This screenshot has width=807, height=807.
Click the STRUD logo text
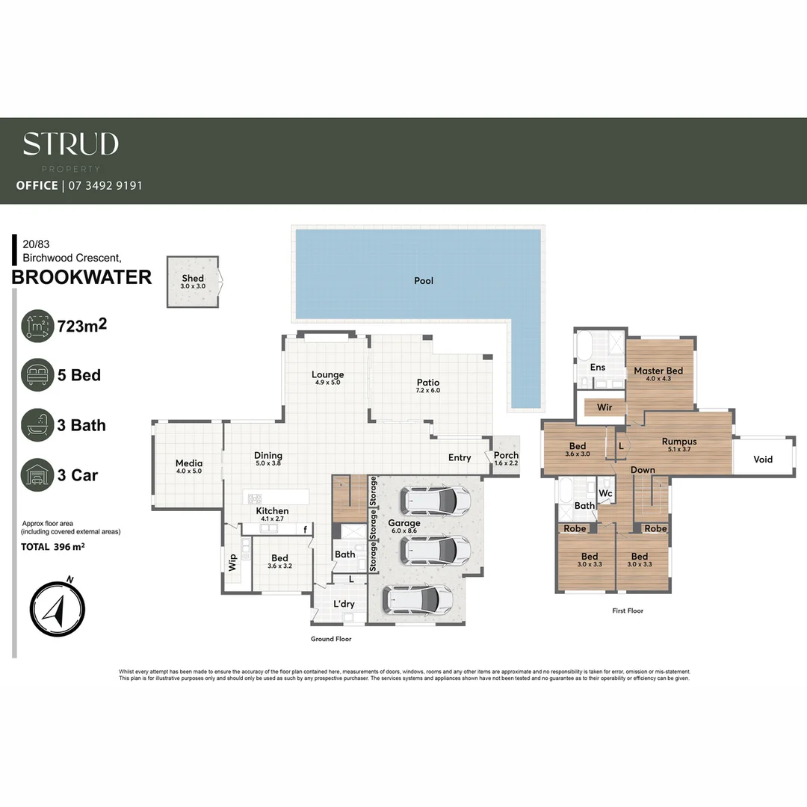70,143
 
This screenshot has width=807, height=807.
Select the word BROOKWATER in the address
81,277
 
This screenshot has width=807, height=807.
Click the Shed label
193,279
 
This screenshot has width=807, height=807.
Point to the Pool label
424,281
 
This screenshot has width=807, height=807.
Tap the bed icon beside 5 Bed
37,375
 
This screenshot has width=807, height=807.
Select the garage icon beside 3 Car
37,475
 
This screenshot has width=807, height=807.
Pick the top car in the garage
435,501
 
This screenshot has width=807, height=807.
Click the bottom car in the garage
418,599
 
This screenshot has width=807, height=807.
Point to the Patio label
428,383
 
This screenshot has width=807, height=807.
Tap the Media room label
189,463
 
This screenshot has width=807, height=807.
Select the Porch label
506,456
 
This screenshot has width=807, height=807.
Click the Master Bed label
658,371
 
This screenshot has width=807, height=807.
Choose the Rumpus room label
678,442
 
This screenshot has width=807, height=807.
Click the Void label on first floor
762,460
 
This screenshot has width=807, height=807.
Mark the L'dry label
344,604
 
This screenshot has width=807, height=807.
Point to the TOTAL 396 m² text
52,547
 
